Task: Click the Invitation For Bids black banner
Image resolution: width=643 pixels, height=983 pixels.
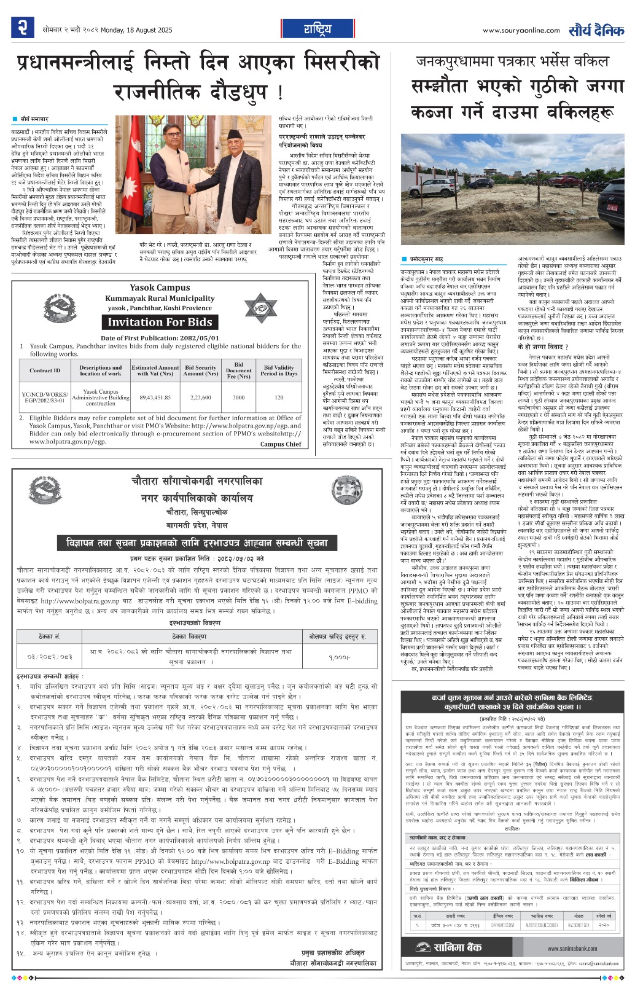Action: (x=160, y=322)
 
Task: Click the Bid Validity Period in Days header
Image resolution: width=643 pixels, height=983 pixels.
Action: (x=278, y=370)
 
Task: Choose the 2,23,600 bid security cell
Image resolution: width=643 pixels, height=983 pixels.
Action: (x=201, y=398)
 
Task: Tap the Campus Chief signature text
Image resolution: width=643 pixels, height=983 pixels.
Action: (x=280, y=444)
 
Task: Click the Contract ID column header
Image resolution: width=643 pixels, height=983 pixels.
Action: (x=45, y=370)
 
